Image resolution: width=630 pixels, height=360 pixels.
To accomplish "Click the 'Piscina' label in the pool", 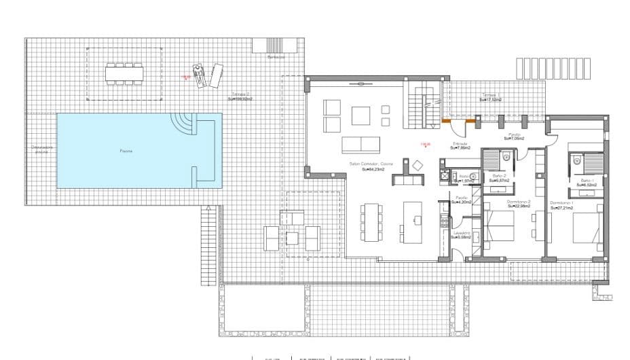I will point(126,151).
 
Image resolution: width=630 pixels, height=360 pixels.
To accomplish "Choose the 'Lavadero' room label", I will point(461,234).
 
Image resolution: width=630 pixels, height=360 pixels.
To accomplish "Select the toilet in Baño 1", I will point(576,160).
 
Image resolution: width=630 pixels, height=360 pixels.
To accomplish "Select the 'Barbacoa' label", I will point(276,58).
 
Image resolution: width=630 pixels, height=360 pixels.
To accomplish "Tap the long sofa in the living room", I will point(361,144).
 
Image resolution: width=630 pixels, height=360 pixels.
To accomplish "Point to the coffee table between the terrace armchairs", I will point(293,238).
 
